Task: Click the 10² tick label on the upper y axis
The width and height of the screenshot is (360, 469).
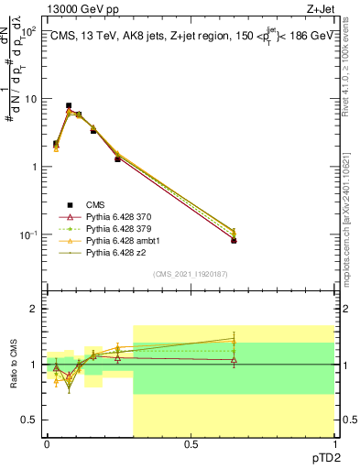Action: click(x=27, y=31)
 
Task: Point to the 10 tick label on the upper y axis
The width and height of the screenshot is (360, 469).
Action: click(x=29, y=99)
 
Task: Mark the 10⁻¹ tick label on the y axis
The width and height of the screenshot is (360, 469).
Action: click(x=27, y=235)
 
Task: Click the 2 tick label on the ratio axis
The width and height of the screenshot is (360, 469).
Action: click(x=35, y=310)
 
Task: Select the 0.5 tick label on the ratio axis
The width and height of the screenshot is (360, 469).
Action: click(x=31, y=420)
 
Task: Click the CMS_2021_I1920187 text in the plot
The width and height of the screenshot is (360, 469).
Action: click(x=191, y=274)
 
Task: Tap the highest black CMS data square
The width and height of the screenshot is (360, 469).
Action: click(x=69, y=106)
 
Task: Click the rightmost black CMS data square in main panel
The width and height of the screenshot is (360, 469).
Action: click(x=234, y=240)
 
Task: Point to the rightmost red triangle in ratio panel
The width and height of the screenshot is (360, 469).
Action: click(x=234, y=360)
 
